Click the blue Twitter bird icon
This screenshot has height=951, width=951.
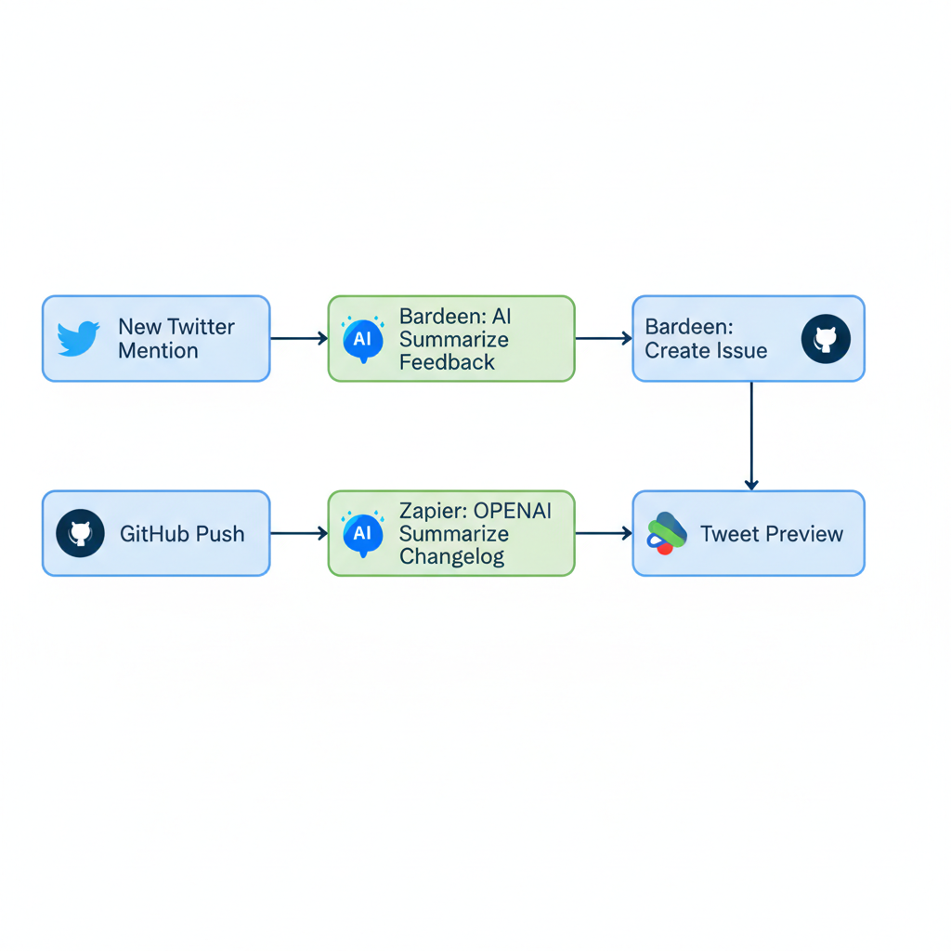pyautogui.click(x=78, y=339)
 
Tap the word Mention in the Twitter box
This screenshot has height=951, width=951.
pyautogui.click(x=158, y=351)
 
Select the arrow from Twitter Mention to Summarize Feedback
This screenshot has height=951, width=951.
pyautogui.click(x=298, y=339)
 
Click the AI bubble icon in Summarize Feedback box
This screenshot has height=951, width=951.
pyautogui.click(x=362, y=339)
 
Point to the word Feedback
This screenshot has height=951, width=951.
pyautogui.click(x=447, y=362)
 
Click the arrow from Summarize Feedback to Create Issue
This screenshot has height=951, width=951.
pyautogui.click(x=603, y=339)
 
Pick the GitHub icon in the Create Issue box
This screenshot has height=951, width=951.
pyautogui.click(x=826, y=339)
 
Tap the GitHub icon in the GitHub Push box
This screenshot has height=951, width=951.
pyautogui.click(x=80, y=534)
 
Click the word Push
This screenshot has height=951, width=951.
pyautogui.click(x=220, y=534)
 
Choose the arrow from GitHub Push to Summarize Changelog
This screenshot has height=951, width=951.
pyautogui.click(x=298, y=534)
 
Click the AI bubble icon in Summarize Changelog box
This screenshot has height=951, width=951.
pyautogui.click(x=362, y=534)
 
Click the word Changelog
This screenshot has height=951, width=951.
pyautogui.click(x=451, y=557)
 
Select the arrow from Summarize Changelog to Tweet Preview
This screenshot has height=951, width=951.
pyautogui.click(x=603, y=534)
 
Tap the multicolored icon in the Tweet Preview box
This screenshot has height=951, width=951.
pyautogui.click(x=666, y=534)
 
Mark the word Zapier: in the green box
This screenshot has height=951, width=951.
pyautogui.click(x=432, y=510)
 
